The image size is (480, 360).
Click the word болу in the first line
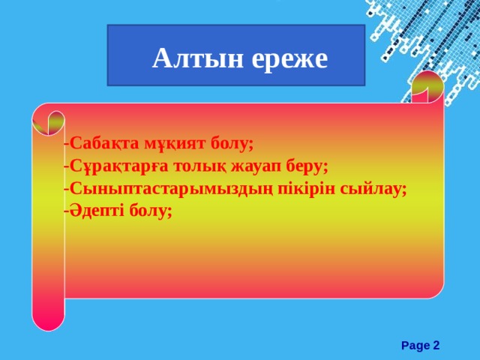pyautogui.click(x=233, y=143)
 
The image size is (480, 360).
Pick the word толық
pyautogui.click(x=198, y=166)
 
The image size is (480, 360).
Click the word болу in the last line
pyautogui.click(x=151, y=211)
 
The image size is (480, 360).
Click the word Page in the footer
pyautogui.click(x=415, y=345)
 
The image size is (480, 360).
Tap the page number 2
pyautogui.click(x=436, y=345)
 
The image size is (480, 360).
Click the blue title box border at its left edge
pyautogui.click(x=108, y=55)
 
